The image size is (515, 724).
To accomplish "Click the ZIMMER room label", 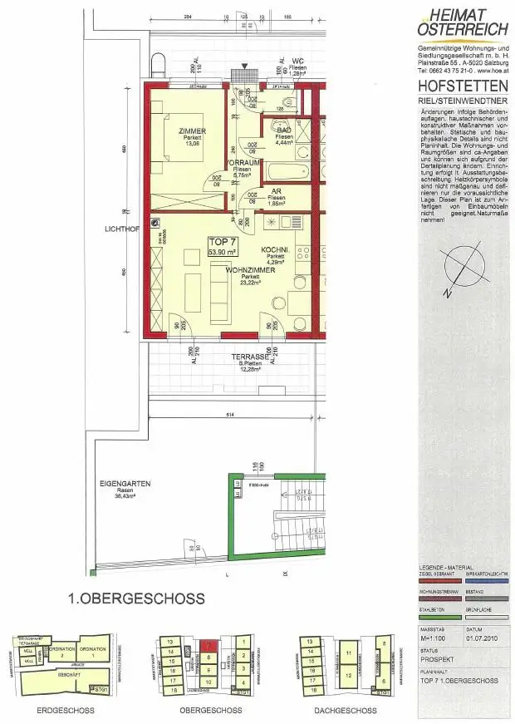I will pyautogui.click(x=192, y=131).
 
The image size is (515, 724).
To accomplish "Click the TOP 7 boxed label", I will pyautogui.click(x=222, y=241).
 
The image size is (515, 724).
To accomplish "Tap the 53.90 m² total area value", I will pyautogui.click(x=222, y=250).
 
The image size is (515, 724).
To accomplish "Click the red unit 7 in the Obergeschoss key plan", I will pyautogui.click(x=209, y=643).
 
